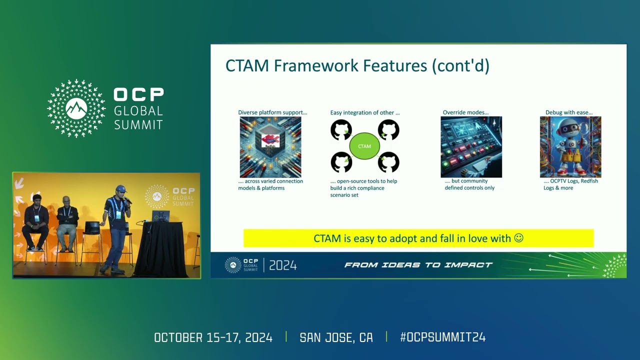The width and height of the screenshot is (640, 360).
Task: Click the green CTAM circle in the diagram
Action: point(364,146)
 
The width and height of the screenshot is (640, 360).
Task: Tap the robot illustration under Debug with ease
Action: point(570,147)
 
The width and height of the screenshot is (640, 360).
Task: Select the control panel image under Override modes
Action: point(471,147)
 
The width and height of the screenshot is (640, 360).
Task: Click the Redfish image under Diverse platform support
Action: point(270,147)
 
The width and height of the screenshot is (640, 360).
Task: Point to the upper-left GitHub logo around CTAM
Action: point(341,130)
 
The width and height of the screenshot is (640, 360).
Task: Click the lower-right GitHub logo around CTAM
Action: point(388,162)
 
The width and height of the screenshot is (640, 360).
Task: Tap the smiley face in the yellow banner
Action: point(518,238)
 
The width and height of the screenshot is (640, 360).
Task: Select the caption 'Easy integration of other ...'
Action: point(364,112)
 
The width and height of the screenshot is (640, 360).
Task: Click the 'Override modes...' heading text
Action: point(465,112)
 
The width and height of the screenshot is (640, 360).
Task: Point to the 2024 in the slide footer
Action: point(283,265)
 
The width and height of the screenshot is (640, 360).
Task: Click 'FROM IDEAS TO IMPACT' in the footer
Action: point(418,265)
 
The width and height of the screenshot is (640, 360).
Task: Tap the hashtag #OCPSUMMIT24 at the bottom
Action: point(442,337)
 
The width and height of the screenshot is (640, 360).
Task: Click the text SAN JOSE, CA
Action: point(336,337)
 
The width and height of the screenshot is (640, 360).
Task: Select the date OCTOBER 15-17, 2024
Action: point(213,337)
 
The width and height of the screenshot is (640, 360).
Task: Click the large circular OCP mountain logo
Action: point(76,108)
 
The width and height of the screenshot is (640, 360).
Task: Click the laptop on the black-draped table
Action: point(161,216)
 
